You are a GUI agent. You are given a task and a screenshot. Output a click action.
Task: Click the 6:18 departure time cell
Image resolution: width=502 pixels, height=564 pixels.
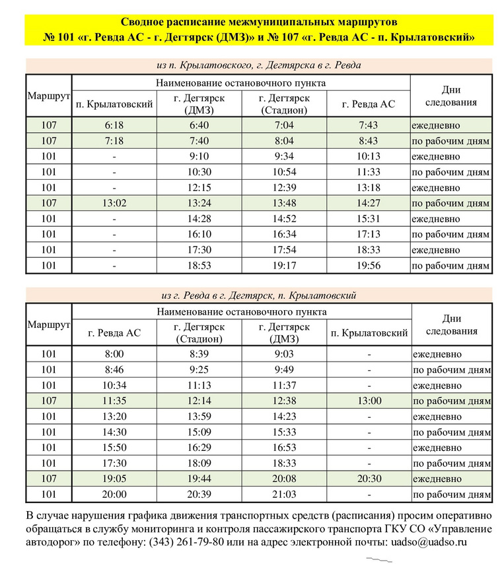(114, 125)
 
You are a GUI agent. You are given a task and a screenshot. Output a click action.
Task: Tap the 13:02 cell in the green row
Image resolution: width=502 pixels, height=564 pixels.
(114, 204)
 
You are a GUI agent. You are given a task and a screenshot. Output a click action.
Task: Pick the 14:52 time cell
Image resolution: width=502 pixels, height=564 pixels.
(284, 219)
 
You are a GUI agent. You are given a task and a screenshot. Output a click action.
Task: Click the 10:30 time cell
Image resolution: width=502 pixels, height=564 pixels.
(199, 172)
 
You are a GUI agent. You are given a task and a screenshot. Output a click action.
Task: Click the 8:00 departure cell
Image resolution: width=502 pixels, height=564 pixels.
(114, 354)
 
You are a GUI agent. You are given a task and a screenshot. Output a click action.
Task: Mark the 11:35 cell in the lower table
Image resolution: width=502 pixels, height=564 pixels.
(114, 401)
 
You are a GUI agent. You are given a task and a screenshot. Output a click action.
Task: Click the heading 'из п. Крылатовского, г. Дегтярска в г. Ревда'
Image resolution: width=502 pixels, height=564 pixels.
(258, 65)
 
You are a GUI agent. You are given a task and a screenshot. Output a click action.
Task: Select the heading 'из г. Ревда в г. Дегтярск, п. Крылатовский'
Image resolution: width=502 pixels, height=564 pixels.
(258, 295)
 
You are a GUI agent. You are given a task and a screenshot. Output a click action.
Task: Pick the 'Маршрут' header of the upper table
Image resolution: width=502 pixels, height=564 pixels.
(48, 96)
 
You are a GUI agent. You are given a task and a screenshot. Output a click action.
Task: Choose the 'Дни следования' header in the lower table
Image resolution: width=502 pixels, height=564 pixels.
(452, 325)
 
